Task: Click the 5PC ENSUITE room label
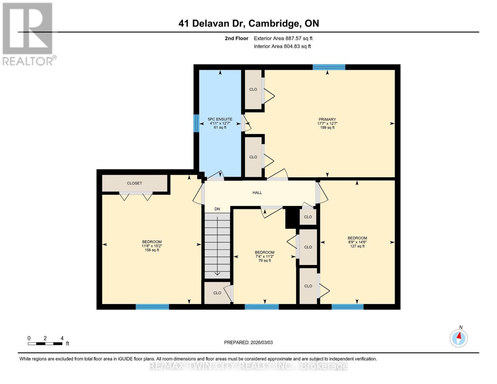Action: click(220, 119)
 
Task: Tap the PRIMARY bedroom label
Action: click(327, 119)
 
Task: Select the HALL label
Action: click(257, 193)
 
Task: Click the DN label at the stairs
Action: click(217, 209)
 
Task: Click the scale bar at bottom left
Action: click(45, 344)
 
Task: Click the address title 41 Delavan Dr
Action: click(248, 23)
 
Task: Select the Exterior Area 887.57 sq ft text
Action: click(283, 38)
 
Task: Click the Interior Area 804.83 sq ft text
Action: click(282, 46)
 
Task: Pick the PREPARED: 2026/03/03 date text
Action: click(248, 342)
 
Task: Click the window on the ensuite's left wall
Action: click(196, 123)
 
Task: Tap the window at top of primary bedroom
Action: click(329, 67)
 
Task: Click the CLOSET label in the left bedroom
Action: click(134, 183)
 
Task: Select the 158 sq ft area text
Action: click(152, 250)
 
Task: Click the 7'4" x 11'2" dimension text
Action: click(264, 256)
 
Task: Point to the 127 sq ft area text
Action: click(357, 246)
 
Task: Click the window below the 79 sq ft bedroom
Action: click(261, 307)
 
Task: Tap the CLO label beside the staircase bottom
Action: click(217, 293)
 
